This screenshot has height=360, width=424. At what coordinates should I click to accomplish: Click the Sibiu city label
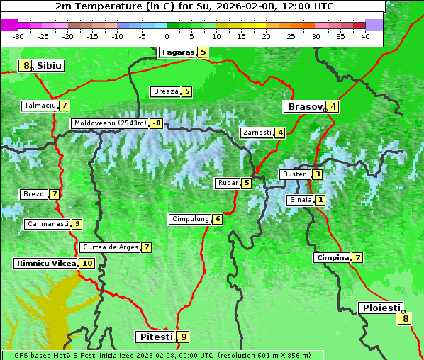tap(50, 66)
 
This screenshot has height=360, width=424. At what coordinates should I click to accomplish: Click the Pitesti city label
tap(155, 337)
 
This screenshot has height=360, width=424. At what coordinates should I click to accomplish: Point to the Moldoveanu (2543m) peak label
tap(110, 123)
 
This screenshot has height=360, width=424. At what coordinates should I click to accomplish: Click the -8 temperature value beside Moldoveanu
tap(156, 123)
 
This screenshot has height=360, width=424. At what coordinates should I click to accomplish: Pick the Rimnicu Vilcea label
tap(45, 263)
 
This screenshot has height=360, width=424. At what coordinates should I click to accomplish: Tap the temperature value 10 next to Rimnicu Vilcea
tap(87, 263)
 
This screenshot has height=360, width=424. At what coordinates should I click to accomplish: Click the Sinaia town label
tap(300, 200)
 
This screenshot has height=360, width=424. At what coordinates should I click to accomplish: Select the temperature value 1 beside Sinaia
tap(320, 200)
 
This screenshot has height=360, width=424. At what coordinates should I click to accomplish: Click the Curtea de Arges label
tap(109, 247)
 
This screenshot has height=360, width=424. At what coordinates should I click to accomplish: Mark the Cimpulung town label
tap(190, 219)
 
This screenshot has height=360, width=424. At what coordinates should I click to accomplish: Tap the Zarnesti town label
tap(257, 133)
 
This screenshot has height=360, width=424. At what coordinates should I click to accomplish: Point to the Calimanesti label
tap(48, 224)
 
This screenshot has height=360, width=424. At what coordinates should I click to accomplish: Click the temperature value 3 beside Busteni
tap(318, 174)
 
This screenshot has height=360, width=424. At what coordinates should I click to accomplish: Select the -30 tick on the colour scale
tap(18, 35)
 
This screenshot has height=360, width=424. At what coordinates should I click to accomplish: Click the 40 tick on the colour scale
tap(365, 35)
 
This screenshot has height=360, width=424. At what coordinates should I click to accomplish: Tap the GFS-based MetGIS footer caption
tap(162, 355)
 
